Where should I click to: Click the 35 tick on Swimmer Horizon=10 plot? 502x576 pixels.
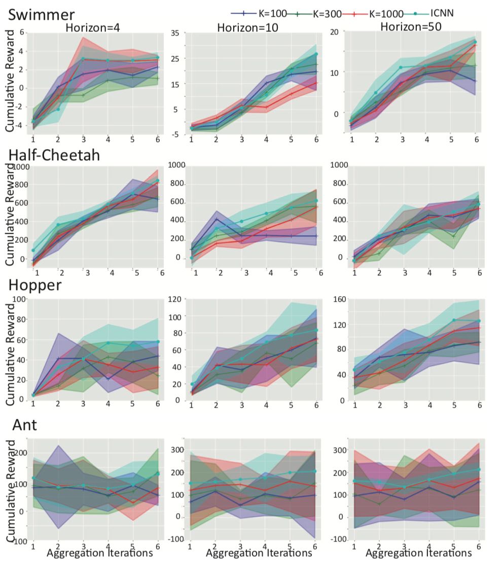pos(175,32)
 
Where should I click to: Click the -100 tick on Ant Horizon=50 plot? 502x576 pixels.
pos(337,538)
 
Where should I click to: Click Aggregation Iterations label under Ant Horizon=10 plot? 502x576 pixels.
pos(259,553)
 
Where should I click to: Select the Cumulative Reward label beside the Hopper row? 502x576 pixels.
pos(10,350)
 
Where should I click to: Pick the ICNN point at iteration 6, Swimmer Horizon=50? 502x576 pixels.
pos(475,42)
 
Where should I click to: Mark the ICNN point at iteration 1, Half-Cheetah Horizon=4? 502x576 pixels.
pos(33,250)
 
